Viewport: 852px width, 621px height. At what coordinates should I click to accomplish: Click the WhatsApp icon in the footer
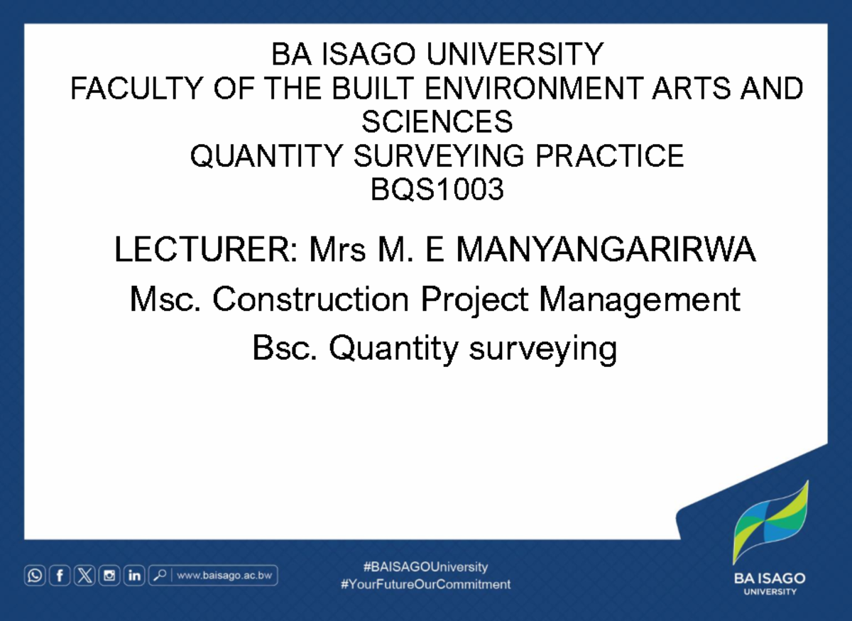tap(35, 576)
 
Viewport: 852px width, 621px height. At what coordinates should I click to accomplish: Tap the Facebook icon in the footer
tap(60, 576)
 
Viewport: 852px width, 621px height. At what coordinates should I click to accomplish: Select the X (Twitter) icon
tap(84, 576)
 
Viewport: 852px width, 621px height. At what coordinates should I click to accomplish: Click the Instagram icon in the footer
tap(109, 576)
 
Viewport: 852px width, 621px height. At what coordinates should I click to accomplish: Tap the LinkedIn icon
tap(133, 576)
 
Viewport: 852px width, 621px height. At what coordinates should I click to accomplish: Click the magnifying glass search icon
tap(159, 576)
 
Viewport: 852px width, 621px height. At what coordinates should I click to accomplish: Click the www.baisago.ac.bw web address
tap(225, 576)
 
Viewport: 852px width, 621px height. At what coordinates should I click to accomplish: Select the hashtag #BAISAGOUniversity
tap(425, 566)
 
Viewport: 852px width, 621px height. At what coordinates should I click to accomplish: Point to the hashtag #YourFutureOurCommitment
tap(425, 585)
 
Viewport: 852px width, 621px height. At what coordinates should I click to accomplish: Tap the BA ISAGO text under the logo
tap(770, 578)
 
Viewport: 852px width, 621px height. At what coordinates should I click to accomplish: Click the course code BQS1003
tap(437, 189)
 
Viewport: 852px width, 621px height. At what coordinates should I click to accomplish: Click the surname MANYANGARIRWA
tap(606, 251)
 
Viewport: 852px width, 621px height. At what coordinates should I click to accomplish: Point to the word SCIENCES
tap(437, 122)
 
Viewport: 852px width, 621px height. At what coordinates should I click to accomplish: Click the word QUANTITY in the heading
tap(266, 156)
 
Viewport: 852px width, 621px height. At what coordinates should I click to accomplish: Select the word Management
tap(639, 300)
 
